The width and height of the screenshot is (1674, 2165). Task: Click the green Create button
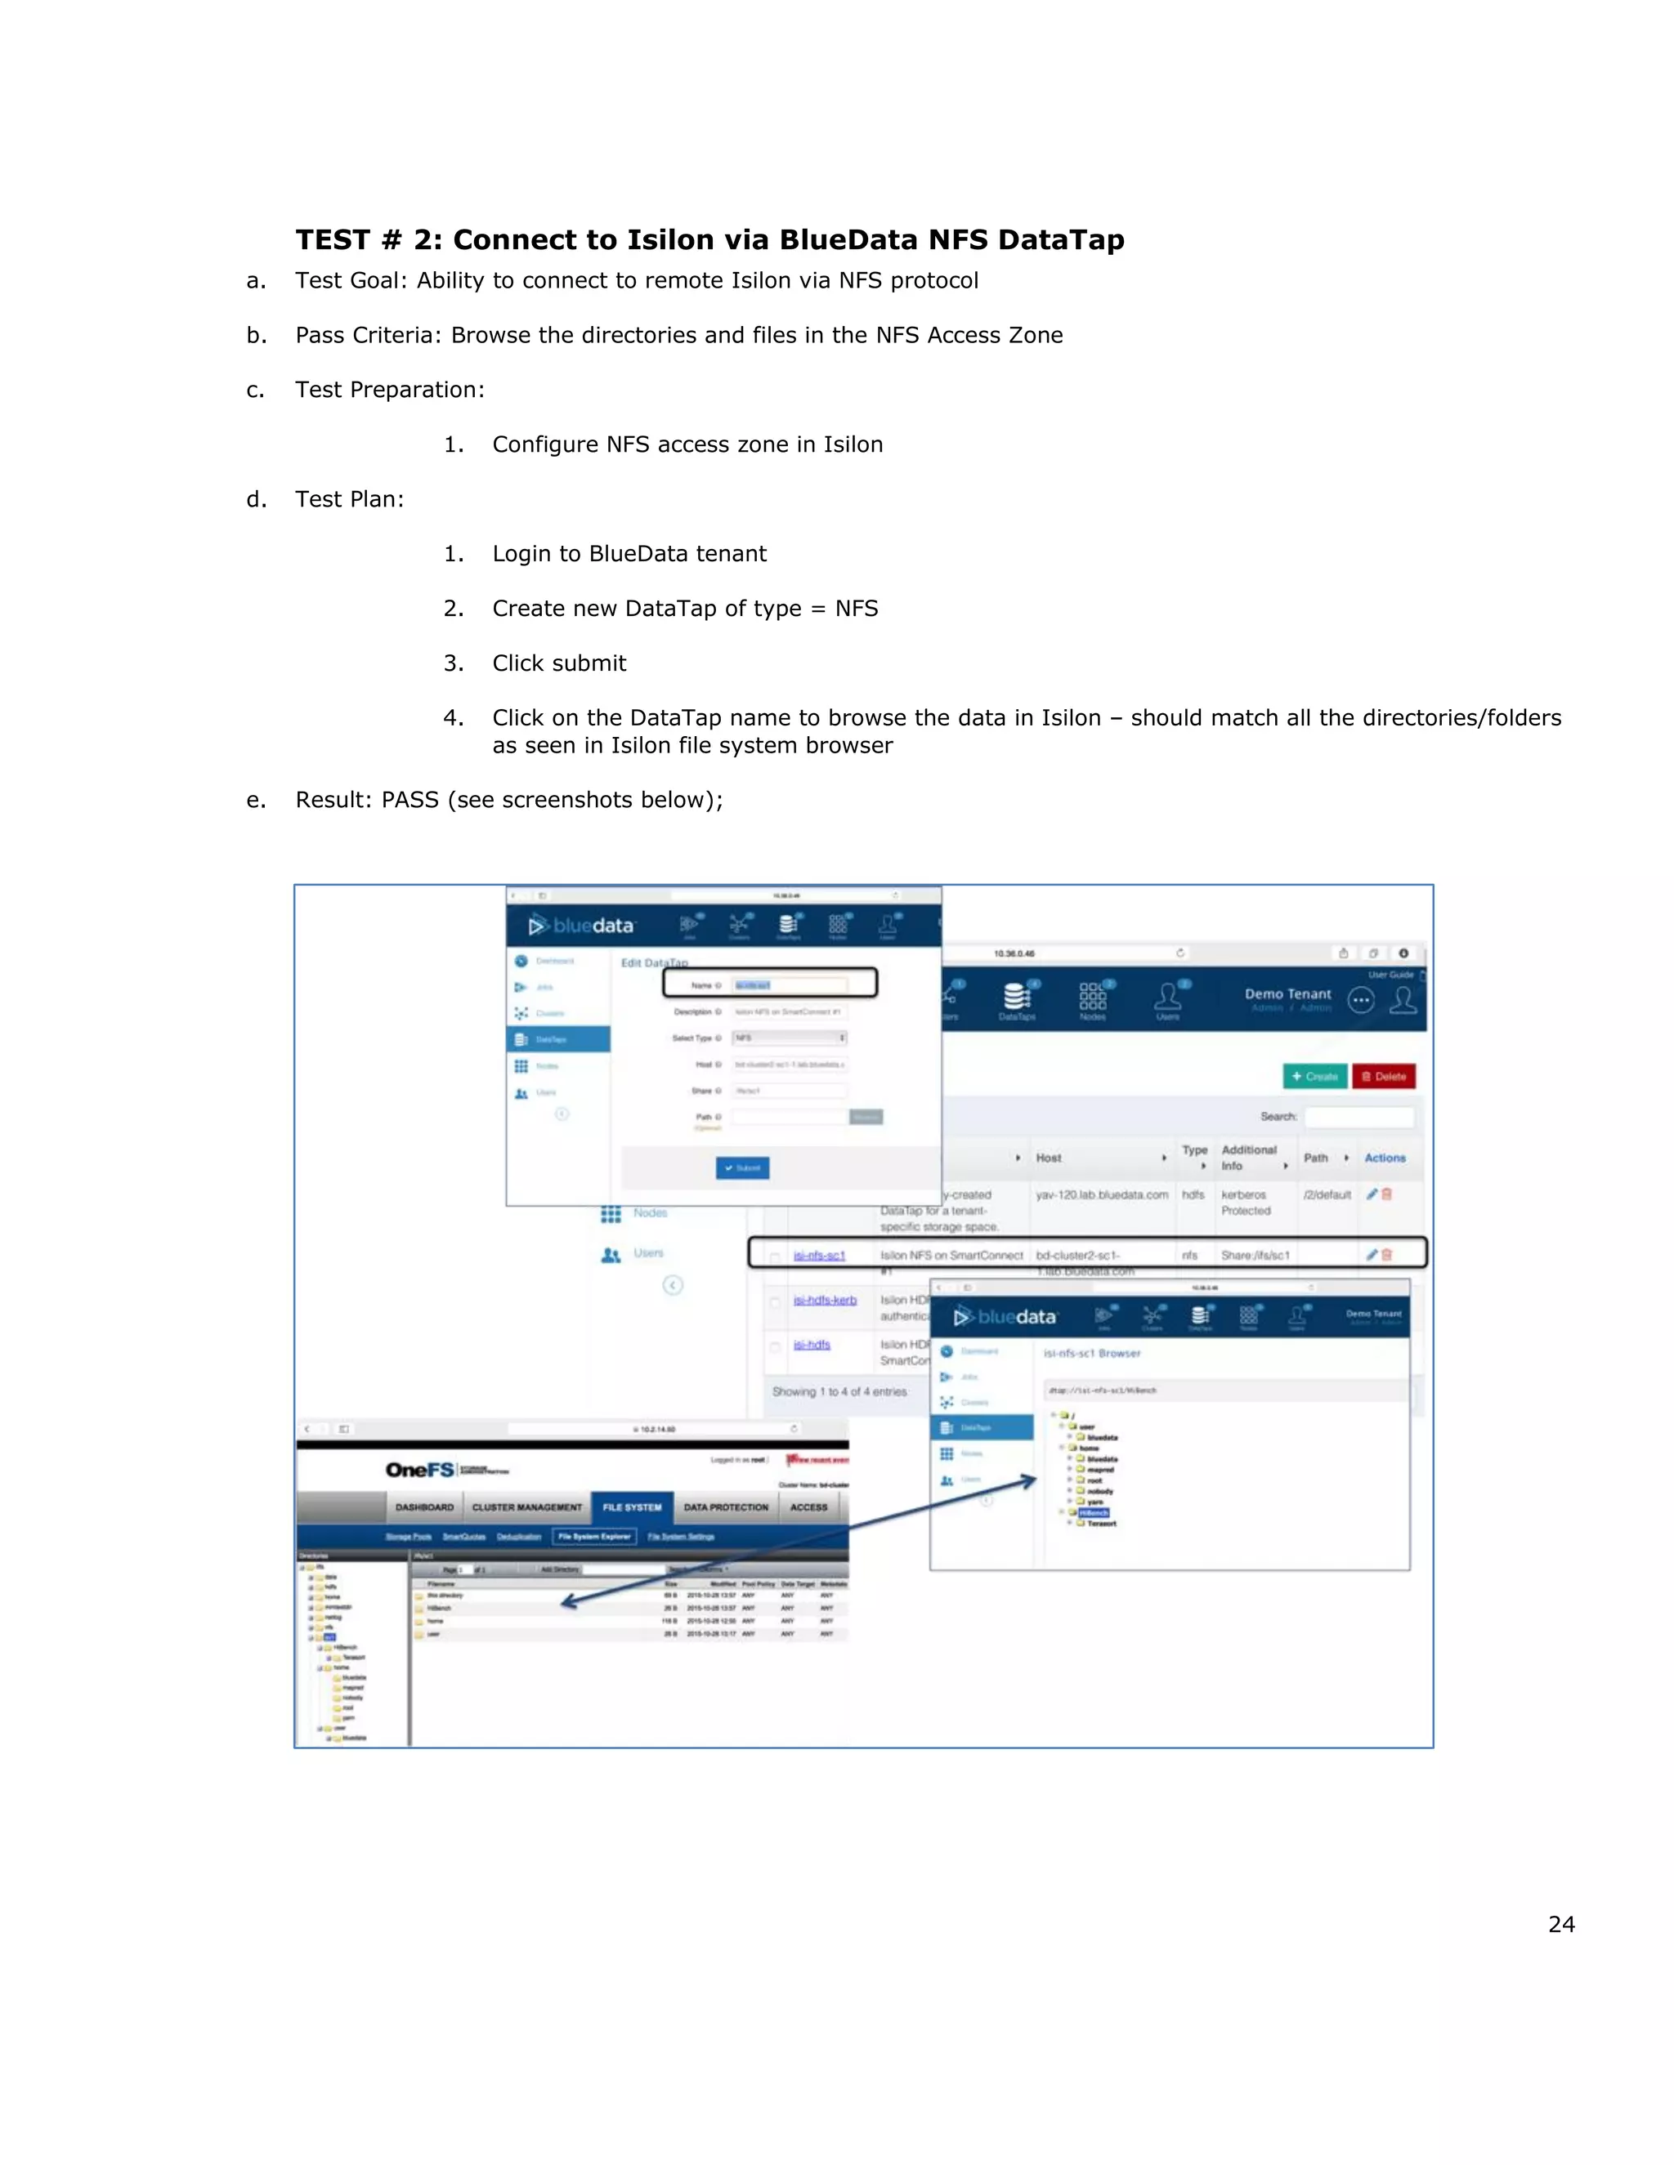coord(1314,1077)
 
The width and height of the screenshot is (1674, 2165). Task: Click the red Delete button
coord(1384,1077)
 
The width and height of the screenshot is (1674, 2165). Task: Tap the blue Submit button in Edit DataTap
coord(742,1167)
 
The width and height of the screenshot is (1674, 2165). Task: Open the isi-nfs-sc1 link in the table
coord(819,1255)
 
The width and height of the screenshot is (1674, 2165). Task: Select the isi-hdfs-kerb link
coord(824,1300)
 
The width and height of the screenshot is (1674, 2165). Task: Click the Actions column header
coord(1385,1158)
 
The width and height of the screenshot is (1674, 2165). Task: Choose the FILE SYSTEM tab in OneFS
coord(632,1507)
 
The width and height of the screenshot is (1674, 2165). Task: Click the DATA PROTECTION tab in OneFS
coord(726,1507)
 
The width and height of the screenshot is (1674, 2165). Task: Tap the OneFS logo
coord(419,1470)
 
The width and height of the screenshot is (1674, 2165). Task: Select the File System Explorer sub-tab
coord(594,1537)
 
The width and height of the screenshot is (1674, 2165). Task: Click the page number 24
coord(1561,1924)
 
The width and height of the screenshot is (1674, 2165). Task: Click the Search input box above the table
coord(1358,1117)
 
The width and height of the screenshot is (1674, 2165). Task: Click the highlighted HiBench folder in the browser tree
coord(1093,1513)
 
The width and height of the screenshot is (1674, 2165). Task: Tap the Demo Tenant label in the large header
coord(1287,993)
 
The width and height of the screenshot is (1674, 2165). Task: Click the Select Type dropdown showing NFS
coord(790,1038)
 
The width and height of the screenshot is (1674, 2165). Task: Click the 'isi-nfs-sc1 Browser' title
coord(1092,1353)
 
